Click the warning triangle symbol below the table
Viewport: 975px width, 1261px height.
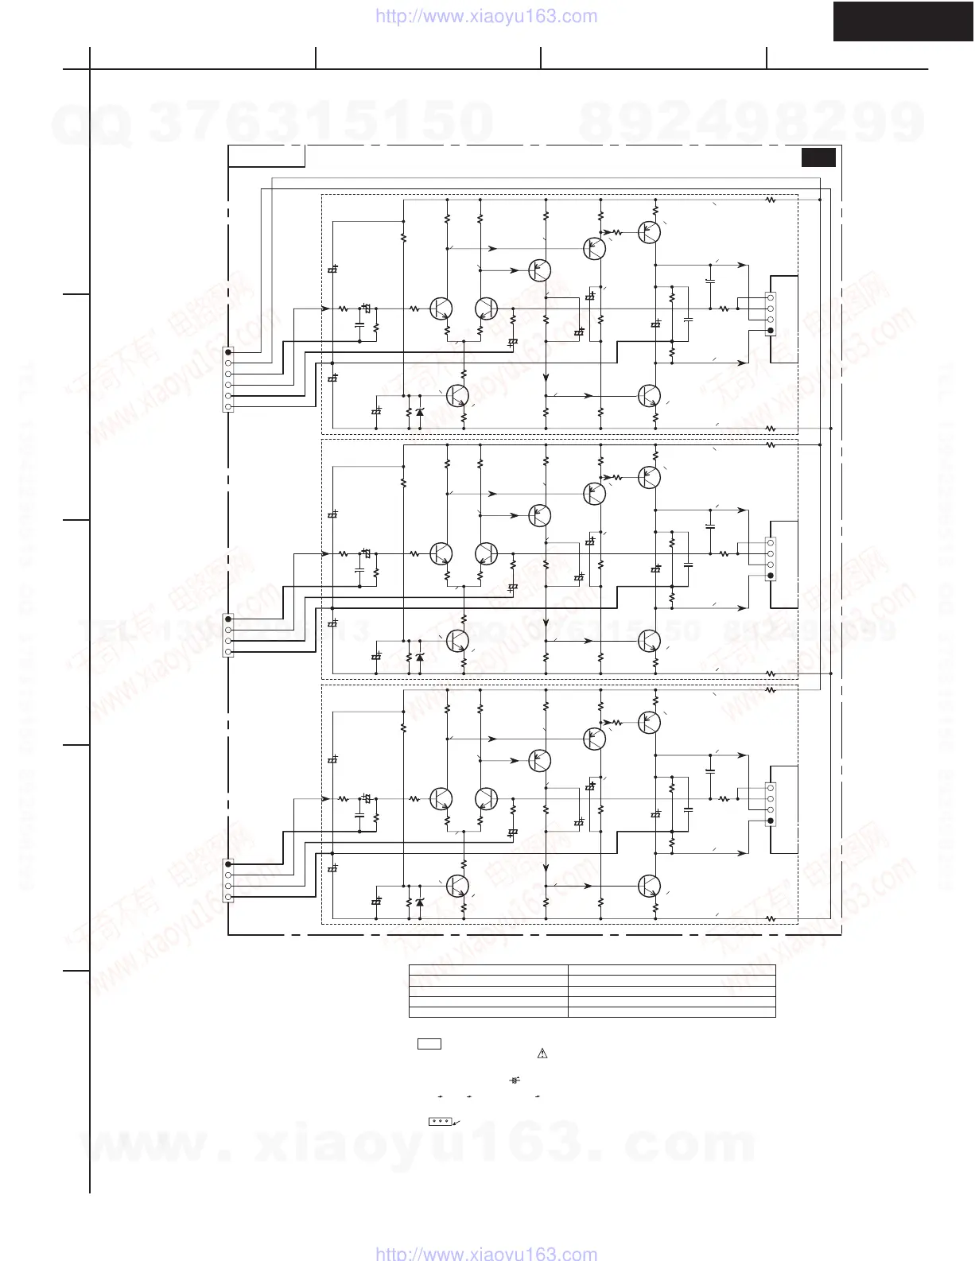coord(542,1054)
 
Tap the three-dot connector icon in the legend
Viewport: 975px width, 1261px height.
coord(439,1121)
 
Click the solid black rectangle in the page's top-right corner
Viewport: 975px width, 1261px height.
coord(903,21)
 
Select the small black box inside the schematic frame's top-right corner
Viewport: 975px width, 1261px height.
coord(818,157)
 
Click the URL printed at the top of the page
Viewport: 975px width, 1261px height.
coord(485,16)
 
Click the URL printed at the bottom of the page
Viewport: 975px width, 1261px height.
coord(485,1254)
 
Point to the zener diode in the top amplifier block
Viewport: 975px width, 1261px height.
coord(420,412)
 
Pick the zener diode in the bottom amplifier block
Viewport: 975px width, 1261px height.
coord(420,902)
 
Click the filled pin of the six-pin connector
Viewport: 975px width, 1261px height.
coord(229,351)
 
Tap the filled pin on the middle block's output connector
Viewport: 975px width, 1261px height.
coord(770,575)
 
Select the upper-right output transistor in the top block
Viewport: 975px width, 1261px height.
coord(650,232)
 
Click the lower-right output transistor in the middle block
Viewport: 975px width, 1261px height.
coord(650,640)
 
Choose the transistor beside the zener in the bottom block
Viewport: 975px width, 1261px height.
coord(457,885)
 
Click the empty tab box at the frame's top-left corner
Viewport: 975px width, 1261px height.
coord(266,156)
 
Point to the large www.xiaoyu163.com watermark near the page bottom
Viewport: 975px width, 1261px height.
coord(418,1143)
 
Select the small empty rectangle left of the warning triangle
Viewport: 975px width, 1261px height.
coord(429,1044)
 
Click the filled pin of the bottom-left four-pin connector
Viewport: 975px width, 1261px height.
coord(229,863)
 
